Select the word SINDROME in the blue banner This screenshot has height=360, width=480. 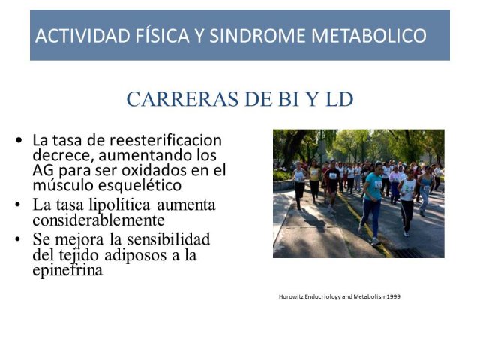click(x=258, y=35)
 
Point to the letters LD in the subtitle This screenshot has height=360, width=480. click(x=340, y=99)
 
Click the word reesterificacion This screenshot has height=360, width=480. click(x=166, y=140)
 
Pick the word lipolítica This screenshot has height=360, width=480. click(x=119, y=205)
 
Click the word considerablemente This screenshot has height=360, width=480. click(x=98, y=220)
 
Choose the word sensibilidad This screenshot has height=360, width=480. click(x=168, y=238)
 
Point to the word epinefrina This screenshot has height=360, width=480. click(x=67, y=270)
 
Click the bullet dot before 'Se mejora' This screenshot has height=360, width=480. click(x=18, y=238)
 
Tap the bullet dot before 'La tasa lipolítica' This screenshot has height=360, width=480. click(x=18, y=205)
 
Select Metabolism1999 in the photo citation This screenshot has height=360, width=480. click(x=376, y=296)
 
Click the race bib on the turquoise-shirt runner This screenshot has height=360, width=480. click(x=378, y=185)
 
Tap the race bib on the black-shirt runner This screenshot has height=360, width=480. click(x=333, y=176)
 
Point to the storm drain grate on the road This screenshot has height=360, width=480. click(x=410, y=253)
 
